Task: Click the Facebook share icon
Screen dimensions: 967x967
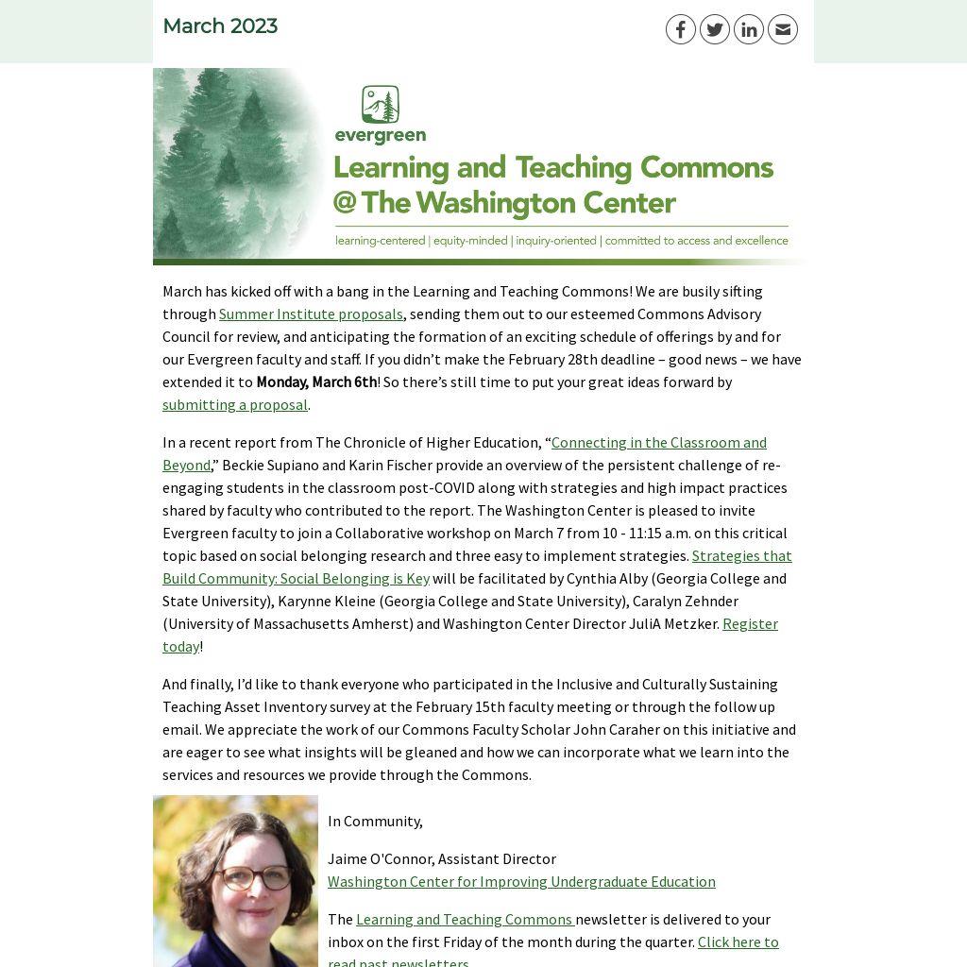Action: coord(680,29)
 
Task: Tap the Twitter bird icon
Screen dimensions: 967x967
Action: coord(714,29)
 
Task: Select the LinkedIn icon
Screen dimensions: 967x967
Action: coord(748,29)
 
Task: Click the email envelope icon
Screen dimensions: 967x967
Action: coord(782,29)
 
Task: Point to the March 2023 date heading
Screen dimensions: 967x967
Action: coord(220,26)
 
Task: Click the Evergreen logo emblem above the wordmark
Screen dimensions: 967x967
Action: coord(380,104)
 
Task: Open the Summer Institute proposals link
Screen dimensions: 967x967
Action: coord(311,314)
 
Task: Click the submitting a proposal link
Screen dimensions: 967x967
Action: coord(235,405)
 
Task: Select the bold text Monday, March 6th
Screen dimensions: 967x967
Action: coord(316,382)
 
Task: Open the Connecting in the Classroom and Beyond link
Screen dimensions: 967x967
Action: coord(658,443)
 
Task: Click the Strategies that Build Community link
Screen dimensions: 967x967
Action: coord(741,556)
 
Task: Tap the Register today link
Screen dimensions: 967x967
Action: coord(750,624)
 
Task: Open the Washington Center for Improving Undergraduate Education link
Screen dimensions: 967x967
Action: coord(521,882)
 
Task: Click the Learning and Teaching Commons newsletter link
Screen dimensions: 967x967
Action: coord(464,920)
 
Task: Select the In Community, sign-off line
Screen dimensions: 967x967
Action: coord(375,822)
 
